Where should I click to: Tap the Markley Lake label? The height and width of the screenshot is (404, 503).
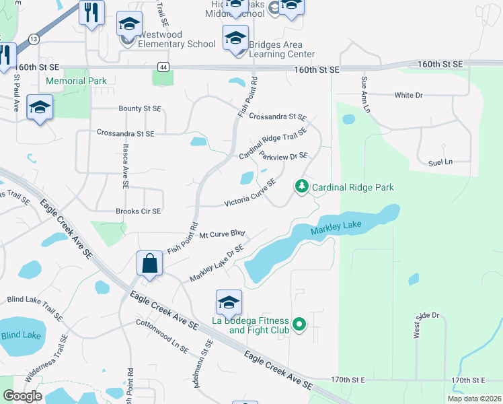(336, 230)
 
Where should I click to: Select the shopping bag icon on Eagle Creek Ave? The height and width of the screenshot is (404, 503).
(150, 263)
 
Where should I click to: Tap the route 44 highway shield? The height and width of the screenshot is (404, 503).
(163, 67)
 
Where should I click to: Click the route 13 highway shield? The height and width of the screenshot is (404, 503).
(34, 40)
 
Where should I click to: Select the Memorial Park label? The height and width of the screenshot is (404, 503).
(76, 81)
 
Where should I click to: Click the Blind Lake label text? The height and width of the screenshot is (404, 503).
(21, 335)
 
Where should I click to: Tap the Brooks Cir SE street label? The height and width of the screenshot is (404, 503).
(138, 211)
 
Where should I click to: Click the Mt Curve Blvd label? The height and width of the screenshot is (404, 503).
(222, 234)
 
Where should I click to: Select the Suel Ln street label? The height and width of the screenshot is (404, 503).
(440, 162)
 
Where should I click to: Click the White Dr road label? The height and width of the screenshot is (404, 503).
(408, 95)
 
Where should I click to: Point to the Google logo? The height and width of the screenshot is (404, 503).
(22, 396)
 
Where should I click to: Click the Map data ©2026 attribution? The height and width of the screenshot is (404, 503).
(473, 399)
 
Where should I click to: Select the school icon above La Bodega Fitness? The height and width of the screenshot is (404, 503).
(229, 302)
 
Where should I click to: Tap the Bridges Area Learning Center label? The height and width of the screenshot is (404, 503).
(282, 49)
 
